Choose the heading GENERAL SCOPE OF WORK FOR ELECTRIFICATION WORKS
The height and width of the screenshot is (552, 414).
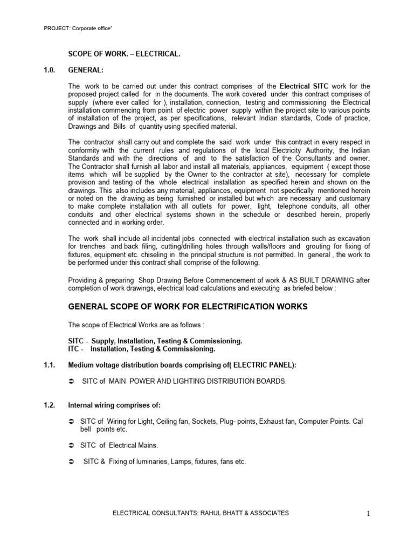pos(188,307)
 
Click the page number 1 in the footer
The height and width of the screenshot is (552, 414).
pos(368,514)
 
